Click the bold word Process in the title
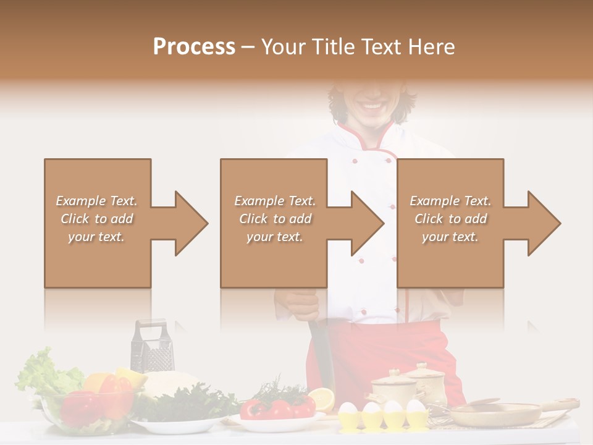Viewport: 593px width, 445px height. (194, 46)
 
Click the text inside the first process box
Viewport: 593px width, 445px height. (96, 219)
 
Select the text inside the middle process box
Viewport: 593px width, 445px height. (275, 219)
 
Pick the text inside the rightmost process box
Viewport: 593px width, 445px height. (450, 219)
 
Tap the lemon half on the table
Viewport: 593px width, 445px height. (321, 399)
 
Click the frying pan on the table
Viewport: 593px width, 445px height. (494, 413)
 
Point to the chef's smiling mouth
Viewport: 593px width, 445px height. (372, 106)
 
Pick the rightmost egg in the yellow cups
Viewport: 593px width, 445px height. (416, 407)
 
